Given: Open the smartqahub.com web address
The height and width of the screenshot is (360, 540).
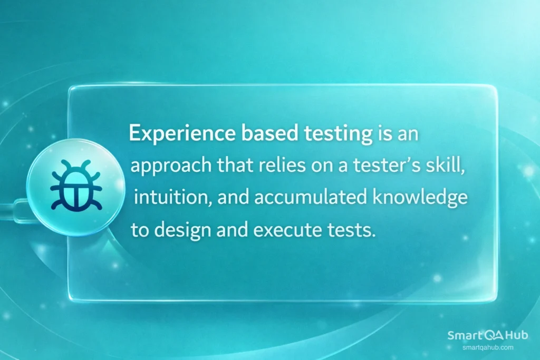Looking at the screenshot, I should point(487,347).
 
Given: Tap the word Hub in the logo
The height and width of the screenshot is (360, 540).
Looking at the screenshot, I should point(517,335).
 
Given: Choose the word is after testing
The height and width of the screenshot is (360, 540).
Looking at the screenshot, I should point(383,135).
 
